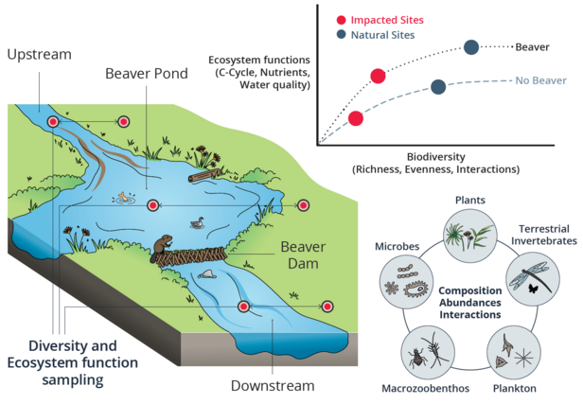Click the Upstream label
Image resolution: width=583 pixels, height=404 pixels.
click(x=39, y=54)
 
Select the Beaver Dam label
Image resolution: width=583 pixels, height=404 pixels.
click(x=304, y=255)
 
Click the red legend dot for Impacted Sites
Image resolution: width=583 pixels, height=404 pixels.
click(x=340, y=19)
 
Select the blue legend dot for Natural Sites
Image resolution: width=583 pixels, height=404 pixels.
click(x=340, y=35)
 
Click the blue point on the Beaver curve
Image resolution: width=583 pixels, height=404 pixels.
click(x=471, y=46)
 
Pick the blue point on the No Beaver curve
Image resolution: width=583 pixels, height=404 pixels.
click(x=438, y=87)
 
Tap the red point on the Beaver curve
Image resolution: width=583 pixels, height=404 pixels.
click(x=378, y=76)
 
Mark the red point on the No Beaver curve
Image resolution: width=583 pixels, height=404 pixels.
click(x=355, y=118)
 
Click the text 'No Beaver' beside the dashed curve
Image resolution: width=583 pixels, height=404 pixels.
click(x=540, y=80)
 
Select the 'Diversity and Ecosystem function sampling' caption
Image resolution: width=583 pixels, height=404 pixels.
click(x=71, y=362)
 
